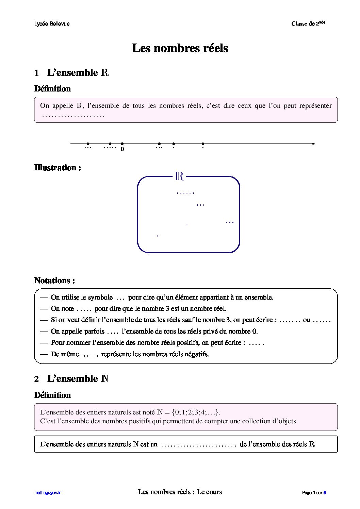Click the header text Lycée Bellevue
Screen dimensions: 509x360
(52, 24)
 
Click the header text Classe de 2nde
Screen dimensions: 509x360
(308, 23)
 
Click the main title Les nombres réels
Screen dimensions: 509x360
(180, 48)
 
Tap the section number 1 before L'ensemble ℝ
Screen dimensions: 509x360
(36, 73)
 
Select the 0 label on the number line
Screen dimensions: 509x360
(122, 149)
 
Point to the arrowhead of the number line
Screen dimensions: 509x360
(313, 144)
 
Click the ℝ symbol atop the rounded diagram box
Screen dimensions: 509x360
(179, 176)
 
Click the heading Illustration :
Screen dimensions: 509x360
(58, 168)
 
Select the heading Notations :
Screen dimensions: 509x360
(54, 281)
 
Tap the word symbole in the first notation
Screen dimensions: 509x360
(100, 298)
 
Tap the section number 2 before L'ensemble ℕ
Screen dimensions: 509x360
(36, 379)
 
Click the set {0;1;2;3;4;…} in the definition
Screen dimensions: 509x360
(196, 412)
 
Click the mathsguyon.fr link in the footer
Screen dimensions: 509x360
(47, 493)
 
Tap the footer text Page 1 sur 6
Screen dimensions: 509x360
(314, 493)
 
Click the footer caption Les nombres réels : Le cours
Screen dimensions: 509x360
(180, 492)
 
